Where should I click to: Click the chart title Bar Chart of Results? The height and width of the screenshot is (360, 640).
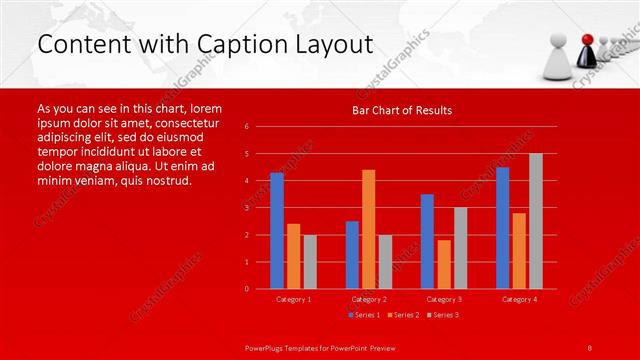pos(401,110)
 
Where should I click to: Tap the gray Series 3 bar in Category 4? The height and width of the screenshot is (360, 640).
pos(535,221)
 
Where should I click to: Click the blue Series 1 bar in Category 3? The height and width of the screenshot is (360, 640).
pos(427,241)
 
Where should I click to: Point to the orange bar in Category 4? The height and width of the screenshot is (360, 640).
pos(519,250)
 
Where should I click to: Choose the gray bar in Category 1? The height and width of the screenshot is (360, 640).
pos(309,261)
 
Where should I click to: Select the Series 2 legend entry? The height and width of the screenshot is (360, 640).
pos(404,314)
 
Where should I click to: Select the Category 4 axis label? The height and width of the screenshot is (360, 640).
pos(518,299)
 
